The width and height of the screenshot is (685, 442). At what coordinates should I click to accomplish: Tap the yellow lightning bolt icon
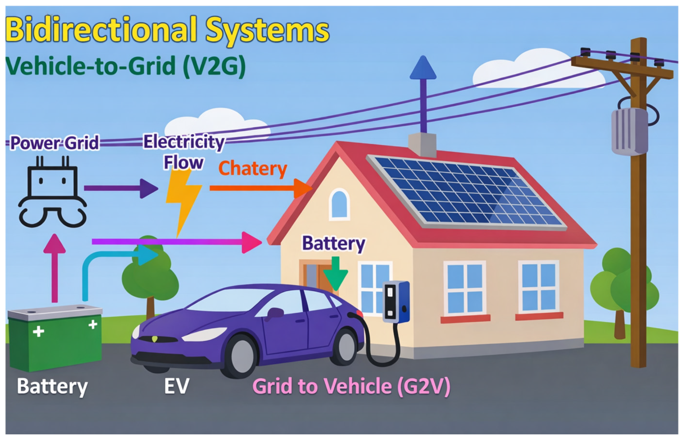pyautogui.click(x=183, y=199)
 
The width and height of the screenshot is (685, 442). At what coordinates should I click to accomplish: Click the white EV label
pyautogui.click(x=176, y=386)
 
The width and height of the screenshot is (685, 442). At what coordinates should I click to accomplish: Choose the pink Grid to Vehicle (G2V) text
pyautogui.click(x=351, y=386)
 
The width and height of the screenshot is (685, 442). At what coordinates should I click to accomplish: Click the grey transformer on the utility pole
pyautogui.click(x=629, y=131)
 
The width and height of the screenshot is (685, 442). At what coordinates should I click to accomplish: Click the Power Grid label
pyautogui.click(x=55, y=143)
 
